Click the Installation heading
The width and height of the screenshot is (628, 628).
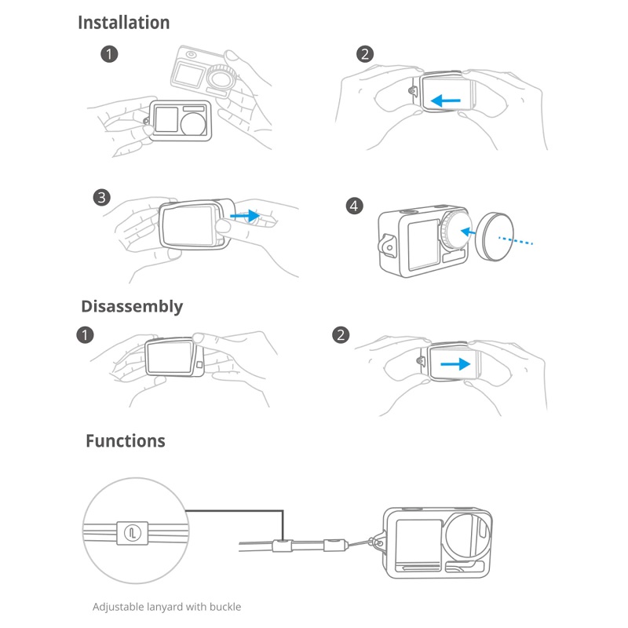coord(123,23)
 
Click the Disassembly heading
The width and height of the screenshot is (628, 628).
coord(132,306)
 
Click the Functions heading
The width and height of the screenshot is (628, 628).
coord(126,440)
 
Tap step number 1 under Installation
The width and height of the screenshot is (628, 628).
coord(109,54)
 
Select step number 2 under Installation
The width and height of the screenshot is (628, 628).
coord(364,54)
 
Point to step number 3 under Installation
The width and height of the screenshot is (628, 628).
coord(100,197)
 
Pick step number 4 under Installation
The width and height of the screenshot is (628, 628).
coord(355,206)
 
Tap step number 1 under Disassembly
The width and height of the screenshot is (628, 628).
coord(86,335)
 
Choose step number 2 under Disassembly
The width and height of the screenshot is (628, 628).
coord(341,335)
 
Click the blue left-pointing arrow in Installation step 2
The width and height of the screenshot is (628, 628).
coord(447,100)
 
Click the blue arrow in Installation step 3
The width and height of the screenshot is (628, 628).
coord(248,214)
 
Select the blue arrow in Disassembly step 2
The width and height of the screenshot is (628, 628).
coord(455,364)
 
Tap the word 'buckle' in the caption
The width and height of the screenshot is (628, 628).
coord(225,607)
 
